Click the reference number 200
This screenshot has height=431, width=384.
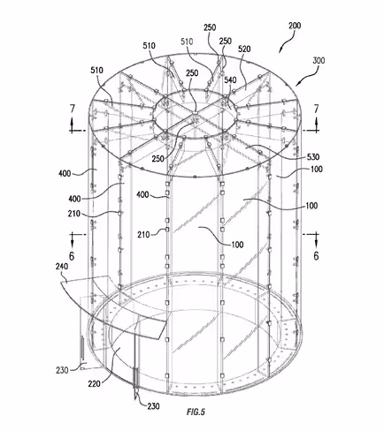(x=295, y=26)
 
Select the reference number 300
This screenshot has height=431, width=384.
(x=319, y=60)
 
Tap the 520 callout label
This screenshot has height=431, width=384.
(x=244, y=49)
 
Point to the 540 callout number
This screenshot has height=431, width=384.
(x=230, y=79)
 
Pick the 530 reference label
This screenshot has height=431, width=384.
(x=313, y=156)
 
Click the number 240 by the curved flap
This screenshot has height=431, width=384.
(x=62, y=267)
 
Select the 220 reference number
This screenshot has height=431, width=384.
(x=95, y=383)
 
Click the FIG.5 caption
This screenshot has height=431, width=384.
(x=196, y=412)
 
